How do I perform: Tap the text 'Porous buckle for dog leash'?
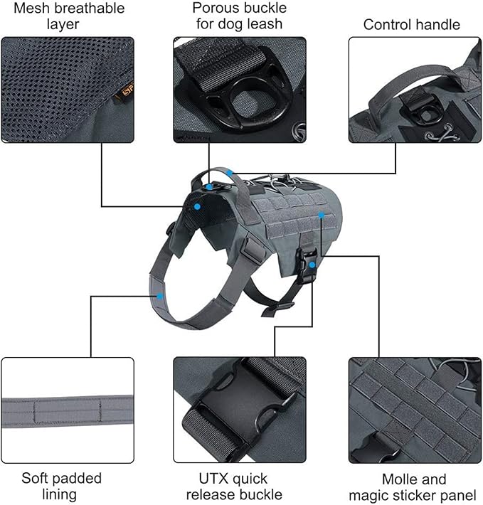[239, 16]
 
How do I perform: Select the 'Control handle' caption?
[411, 25]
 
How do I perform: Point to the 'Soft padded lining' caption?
[61, 486]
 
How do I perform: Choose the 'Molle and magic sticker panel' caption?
[415, 486]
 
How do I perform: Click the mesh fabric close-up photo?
[68, 89]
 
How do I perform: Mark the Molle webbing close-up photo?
[415, 410]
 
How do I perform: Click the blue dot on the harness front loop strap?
[161, 296]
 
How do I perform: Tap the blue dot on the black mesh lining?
[197, 206]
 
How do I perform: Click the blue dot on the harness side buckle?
[312, 264]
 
